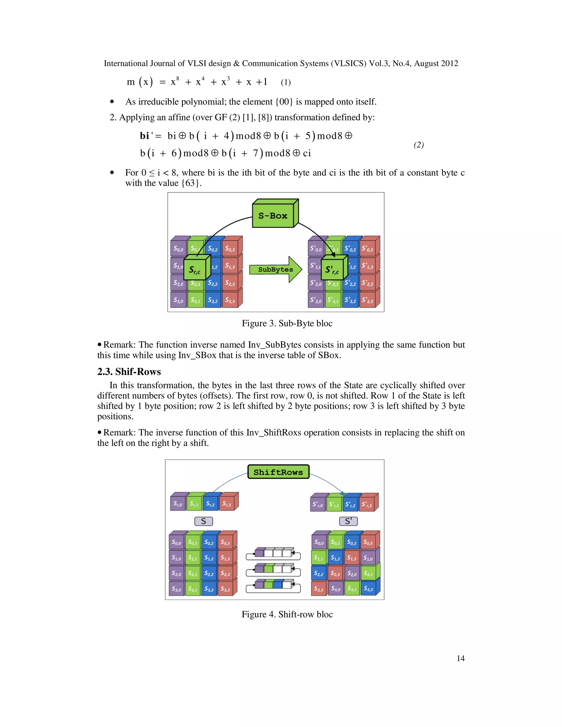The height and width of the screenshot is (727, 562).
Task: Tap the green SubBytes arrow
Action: coord(275,270)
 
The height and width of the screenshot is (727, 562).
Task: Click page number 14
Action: coord(460,658)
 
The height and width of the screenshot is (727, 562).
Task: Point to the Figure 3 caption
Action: coord(287,323)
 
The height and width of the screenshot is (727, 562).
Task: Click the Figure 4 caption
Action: coord(287,614)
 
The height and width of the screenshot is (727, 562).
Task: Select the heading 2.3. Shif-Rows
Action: coord(129,371)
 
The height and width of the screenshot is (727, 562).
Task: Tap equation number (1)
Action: coord(286,82)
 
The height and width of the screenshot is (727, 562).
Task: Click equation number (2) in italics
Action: coord(418,145)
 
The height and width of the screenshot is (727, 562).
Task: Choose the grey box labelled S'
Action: coord(348,521)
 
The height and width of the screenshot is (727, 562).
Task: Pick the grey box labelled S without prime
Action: coord(203,521)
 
